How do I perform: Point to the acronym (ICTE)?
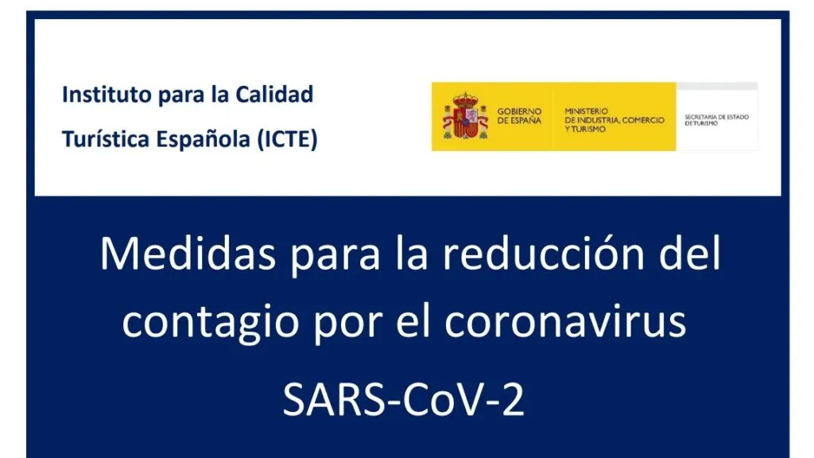click(288, 140)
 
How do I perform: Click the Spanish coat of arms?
click(465, 116)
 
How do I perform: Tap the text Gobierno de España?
click(519, 116)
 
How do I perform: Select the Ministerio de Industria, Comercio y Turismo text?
click(614, 120)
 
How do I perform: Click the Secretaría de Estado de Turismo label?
click(716, 120)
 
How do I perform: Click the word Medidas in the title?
click(188, 254)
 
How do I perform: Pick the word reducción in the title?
click(545, 254)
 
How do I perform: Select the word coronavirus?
click(566, 322)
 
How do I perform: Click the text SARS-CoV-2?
click(403, 399)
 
